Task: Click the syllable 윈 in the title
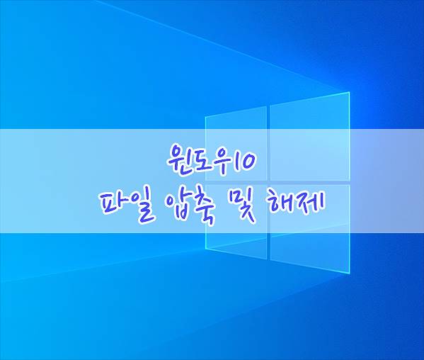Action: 176,158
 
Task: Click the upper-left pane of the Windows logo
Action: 236,144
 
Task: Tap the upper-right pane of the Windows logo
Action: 310,136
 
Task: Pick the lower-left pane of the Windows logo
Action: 236,221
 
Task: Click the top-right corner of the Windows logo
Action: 350,92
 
